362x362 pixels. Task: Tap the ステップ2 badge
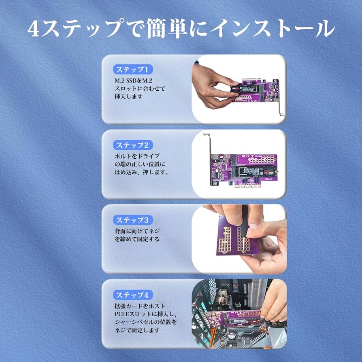point(129,145)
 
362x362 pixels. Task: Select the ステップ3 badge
point(129,220)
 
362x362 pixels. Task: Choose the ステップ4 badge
point(129,295)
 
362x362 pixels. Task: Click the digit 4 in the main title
point(34,29)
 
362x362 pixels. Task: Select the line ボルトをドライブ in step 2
point(137,156)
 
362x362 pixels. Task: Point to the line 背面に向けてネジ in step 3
point(137,231)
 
